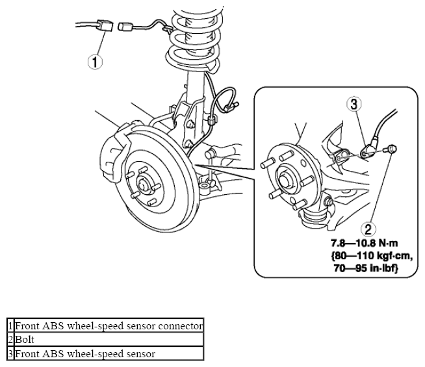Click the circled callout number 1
95,62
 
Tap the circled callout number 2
368,229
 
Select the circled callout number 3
354,105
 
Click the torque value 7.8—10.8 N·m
364,243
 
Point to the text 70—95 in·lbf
366,268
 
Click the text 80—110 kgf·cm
372,255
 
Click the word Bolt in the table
25,339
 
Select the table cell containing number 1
10,325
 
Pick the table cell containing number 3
10,354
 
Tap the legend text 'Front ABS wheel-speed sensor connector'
109,325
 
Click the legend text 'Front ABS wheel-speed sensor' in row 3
85,354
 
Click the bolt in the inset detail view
390,149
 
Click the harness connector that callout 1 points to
104,25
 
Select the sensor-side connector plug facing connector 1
125,26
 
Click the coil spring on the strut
194,38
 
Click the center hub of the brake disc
143,184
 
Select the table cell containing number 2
10,340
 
